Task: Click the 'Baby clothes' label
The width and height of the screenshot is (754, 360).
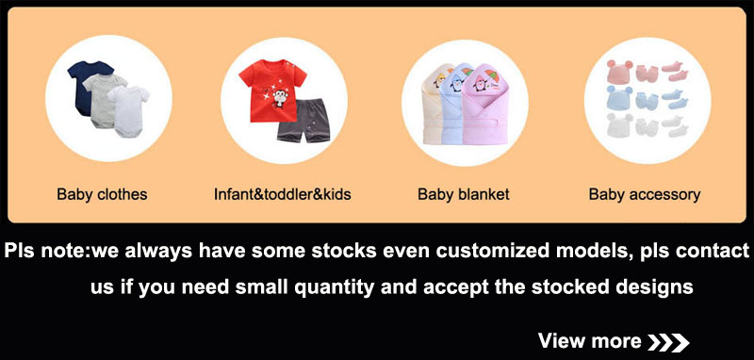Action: (x=102, y=195)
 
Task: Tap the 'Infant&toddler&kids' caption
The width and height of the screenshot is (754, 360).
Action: (x=282, y=195)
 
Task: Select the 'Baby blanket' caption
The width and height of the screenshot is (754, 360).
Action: (x=463, y=195)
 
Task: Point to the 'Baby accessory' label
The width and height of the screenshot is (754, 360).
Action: (x=644, y=195)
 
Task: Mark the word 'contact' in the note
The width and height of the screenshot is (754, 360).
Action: (x=713, y=254)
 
